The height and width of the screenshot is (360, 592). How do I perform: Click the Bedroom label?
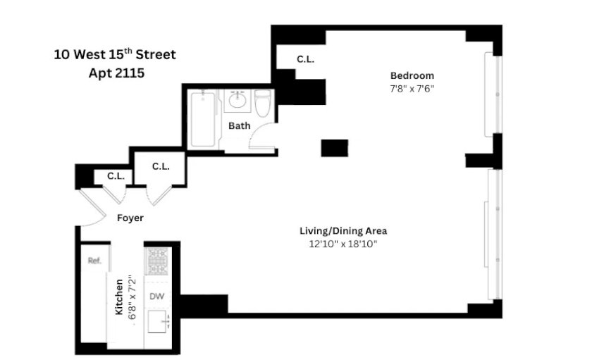pos(412,75)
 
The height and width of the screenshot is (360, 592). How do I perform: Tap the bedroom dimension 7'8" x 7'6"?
pos(412,89)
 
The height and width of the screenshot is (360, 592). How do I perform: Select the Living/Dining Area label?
pos(343,230)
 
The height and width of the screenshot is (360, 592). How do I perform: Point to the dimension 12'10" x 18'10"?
pos(343,244)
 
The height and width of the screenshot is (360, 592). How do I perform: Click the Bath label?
pos(240,125)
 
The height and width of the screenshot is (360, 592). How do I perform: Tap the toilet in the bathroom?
pos(263,103)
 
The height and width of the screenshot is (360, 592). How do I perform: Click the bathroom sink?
pos(238,100)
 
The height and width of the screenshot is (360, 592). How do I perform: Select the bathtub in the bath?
pos(203,119)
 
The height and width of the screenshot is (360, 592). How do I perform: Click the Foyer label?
pos(130,218)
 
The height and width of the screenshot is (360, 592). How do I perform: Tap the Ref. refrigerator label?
pos(94,261)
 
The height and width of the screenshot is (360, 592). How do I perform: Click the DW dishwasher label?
pos(156,296)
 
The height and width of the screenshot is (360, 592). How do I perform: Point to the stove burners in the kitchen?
pos(157,261)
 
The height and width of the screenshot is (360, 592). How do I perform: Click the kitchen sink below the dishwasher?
pos(159,321)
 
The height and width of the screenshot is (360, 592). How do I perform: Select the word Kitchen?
pos(119,297)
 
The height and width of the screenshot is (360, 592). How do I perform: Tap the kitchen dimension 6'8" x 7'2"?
pos(132,298)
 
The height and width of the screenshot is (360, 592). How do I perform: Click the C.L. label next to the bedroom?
pos(305,59)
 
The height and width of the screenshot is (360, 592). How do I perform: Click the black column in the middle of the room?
pos(335,148)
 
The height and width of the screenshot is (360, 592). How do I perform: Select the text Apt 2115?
pos(116,73)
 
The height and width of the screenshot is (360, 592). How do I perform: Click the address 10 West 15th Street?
pos(115,54)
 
